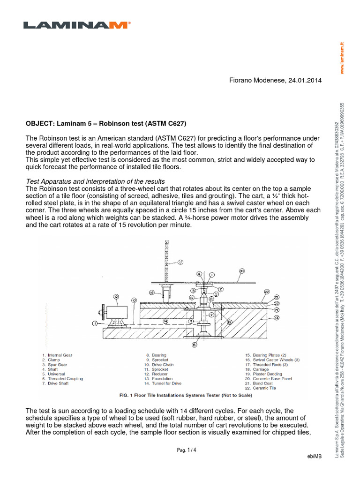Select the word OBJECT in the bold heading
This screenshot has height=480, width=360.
click(40, 124)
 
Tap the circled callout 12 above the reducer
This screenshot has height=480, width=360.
click(116, 296)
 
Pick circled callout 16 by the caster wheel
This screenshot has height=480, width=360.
click(152, 292)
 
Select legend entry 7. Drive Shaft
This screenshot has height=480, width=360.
click(57, 383)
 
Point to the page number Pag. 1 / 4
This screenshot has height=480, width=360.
click(187, 450)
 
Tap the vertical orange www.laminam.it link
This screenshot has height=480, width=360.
click(342, 56)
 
